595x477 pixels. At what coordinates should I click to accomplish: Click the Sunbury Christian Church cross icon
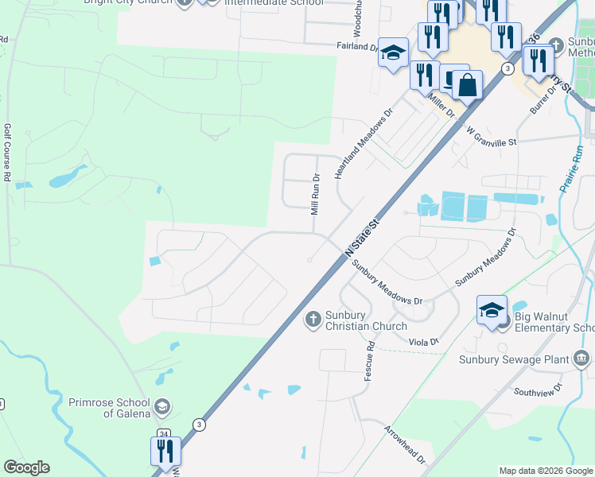point(313,320)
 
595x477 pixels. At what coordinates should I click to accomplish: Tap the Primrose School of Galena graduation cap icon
point(162,408)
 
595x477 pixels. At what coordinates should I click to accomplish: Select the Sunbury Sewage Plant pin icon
point(582,359)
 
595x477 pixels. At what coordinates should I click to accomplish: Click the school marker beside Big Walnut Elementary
point(492,309)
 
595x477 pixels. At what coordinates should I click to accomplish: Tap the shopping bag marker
point(468,84)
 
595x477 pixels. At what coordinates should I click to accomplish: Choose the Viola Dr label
point(423,342)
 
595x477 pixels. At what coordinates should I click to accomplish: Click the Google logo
point(26,467)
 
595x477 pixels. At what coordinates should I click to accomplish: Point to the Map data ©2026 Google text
point(545,471)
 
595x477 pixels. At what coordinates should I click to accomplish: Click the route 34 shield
point(164,433)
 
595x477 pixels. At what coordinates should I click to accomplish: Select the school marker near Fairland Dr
point(392,53)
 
